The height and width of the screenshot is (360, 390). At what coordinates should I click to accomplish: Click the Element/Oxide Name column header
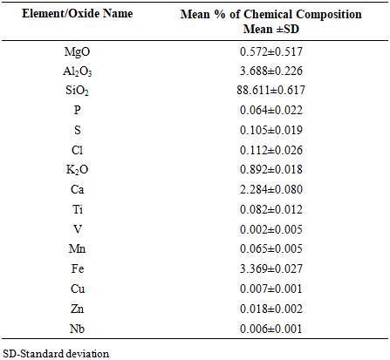coord(78,14)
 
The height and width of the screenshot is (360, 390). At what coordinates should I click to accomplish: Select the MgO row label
coord(78,52)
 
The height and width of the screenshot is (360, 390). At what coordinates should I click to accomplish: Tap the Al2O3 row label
coord(78,71)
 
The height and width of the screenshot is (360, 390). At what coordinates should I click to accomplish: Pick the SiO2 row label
coord(77,91)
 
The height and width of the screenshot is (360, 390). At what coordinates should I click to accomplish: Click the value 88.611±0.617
coord(270,90)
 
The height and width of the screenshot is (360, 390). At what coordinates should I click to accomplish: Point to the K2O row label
coord(77,170)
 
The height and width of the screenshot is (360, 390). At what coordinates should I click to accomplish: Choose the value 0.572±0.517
coord(271,51)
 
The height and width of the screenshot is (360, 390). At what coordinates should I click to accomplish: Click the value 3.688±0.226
coord(271,71)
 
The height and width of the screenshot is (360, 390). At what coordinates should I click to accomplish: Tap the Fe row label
coord(78,268)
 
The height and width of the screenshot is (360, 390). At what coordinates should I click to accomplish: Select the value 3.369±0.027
coord(271,268)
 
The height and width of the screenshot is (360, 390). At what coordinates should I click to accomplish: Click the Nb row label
coord(77,329)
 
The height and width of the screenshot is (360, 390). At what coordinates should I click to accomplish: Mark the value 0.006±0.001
coord(271,329)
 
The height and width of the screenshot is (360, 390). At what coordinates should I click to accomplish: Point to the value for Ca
coord(271,189)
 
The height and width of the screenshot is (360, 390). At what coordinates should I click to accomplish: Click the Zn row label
coord(78,309)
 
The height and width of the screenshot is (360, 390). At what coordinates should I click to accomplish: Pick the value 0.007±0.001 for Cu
coord(271,289)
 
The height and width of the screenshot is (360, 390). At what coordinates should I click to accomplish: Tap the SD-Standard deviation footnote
coord(56,354)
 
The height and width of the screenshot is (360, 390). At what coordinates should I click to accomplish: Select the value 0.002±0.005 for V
coord(271,229)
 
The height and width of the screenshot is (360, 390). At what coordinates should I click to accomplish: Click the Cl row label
coord(78,150)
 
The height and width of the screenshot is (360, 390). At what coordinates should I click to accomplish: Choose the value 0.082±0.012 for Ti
coord(271,209)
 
